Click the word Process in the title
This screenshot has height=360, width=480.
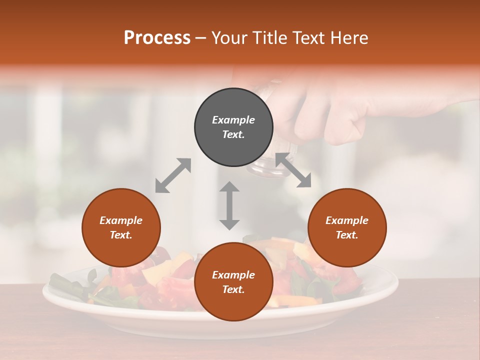pyautogui.click(x=157, y=38)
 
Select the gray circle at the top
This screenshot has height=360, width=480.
pyautogui.click(x=233, y=127)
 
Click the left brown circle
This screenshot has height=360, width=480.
pyautogui.click(x=121, y=227)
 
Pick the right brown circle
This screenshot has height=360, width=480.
pyautogui.click(x=347, y=227)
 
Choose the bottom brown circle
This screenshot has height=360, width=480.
pyautogui.click(x=233, y=281)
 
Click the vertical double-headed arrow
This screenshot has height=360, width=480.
pyautogui.click(x=229, y=205)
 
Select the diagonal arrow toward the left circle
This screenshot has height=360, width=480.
pyautogui.click(x=173, y=175)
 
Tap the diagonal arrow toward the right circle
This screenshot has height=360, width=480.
pyautogui.click(x=293, y=170)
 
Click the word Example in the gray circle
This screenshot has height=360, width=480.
pyautogui.click(x=233, y=120)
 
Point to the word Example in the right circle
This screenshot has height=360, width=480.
pyautogui.click(x=347, y=220)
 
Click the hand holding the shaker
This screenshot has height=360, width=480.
pyautogui.click(x=340, y=110)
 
